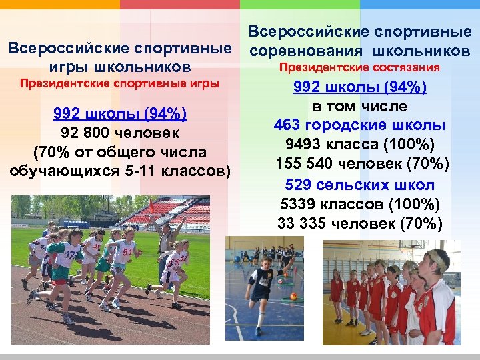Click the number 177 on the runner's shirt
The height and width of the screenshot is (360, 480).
point(69,253)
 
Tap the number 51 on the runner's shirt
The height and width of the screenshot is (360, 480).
point(127,253)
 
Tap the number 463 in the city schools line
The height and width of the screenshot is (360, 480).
point(287,125)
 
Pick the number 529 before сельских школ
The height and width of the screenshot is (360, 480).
point(298,185)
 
